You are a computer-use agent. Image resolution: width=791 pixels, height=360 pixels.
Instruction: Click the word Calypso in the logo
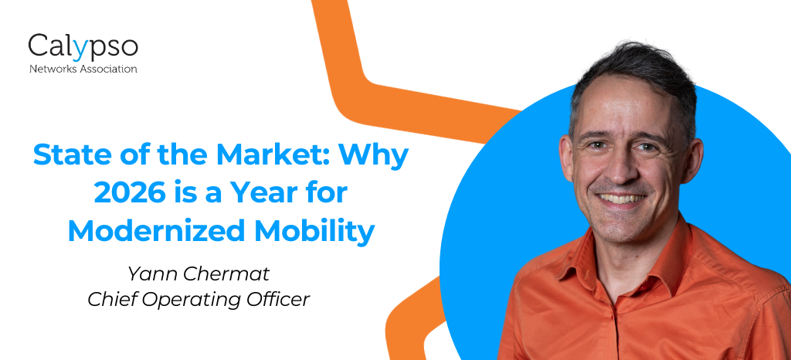[x=83, y=48]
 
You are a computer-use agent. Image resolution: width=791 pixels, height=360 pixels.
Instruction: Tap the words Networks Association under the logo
[x=83, y=69]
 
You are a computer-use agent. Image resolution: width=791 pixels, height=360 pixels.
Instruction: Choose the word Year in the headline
[x=273, y=194]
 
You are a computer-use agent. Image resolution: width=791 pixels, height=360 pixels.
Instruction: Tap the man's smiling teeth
[x=621, y=198]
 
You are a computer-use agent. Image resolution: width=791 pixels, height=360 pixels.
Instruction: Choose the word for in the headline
[x=330, y=194]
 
